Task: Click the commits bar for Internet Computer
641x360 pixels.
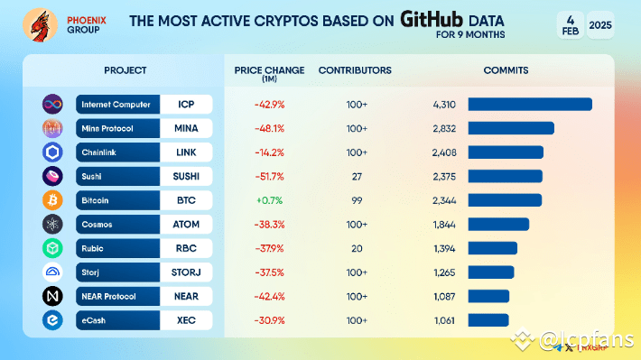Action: click(x=529, y=104)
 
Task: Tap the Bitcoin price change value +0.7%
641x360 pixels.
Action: click(x=268, y=199)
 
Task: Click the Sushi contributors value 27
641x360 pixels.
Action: click(x=357, y=175)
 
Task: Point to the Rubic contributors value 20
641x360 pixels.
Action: click(x=357, y=247)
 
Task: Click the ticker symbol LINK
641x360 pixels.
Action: click(x=186, y=152)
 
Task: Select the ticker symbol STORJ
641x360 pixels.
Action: click(x=186, y=272)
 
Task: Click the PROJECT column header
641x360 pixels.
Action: click(x=125, y=69)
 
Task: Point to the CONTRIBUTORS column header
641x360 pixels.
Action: click(x=355, y=69)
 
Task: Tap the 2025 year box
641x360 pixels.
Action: click(x=599, y=26)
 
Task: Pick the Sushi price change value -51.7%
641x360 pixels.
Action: click(x=268, y=175)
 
